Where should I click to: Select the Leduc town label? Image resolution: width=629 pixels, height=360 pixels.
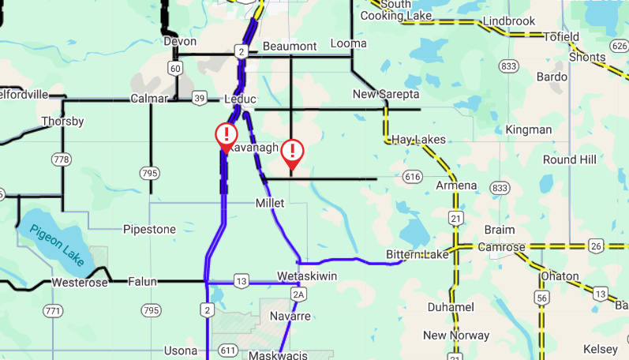point(241,99)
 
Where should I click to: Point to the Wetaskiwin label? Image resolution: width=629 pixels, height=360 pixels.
point(307,276)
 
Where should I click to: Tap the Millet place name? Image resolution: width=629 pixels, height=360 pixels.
point(269,203)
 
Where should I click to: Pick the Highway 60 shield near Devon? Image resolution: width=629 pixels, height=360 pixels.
point(175,69)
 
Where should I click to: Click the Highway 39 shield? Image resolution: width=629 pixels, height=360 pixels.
point(200,98)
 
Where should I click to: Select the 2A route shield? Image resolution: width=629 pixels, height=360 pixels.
point(298,294)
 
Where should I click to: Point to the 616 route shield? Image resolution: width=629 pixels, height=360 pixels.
point(411,177)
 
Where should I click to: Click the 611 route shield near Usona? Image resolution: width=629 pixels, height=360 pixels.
point(228,350)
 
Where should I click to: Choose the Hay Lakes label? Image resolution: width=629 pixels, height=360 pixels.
point(418,139)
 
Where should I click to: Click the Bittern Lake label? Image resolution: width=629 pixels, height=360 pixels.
point(417,254)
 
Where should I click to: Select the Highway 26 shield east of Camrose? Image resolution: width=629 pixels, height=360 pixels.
point(596,246)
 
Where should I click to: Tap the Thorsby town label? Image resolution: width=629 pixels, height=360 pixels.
point(62,122)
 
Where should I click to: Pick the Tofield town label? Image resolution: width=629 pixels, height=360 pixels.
point(561,36)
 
